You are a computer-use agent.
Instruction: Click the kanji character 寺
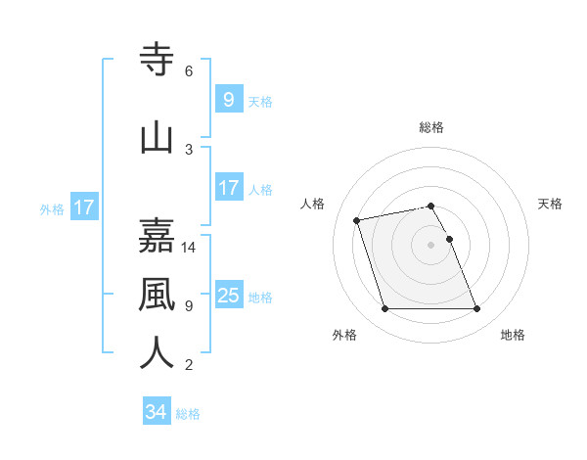coord(158,59)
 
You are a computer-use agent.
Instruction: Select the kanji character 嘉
coord(158,236)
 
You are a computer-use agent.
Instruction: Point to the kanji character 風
coord(158,293)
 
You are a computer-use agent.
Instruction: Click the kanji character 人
coord(158,351)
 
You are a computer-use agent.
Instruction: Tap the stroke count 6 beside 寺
coord(189,71)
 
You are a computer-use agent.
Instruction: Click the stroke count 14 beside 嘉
coord(189,248)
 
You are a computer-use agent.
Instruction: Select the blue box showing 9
coord(228,99)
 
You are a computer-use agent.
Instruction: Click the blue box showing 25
coord(228,295)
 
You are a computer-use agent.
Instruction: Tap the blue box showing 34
coord(156,412)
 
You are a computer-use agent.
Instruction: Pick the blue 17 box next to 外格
coord(83,207)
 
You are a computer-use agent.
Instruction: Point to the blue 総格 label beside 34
coord(188,414)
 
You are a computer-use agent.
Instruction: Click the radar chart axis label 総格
coord(431,127)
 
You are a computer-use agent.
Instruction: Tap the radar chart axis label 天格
coord(551,204)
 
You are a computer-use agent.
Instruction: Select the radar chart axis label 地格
coord(513,335)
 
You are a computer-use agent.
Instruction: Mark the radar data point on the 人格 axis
coord(357,219)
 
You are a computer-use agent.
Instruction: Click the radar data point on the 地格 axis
coord(476,309)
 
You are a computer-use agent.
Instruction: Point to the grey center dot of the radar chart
coord(431,244)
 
